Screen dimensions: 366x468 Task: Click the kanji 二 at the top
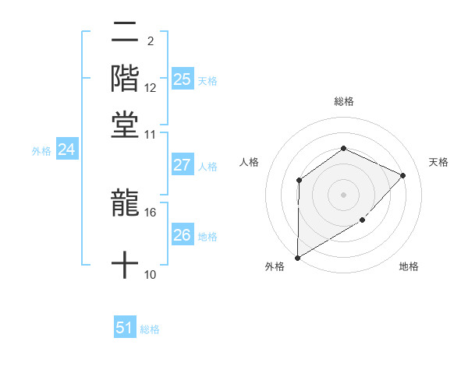[x=125, y=34]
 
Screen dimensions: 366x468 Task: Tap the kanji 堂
[x=125, y=125]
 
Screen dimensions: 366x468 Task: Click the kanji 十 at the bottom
[x=125, y=266]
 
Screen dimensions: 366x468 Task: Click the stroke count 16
[x=151, y=212]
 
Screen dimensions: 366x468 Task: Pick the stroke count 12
[x=151, y=88]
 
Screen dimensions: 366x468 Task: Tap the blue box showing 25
[x=182, y=79]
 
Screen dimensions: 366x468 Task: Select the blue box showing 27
[x=182, y=165]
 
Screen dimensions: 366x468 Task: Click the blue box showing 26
[x=182, y=235]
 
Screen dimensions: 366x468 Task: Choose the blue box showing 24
[x=66, y=150]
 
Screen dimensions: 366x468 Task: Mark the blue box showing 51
[x=125, y=328]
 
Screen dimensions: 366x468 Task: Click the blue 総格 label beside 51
[x=150, y=329]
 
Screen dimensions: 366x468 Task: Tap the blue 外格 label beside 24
[x=41, y=151]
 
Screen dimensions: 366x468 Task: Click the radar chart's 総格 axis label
[x=343, y=101]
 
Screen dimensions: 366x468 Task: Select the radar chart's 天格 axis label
[x=438, y=162]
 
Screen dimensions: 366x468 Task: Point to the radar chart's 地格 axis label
[x=409, y=266]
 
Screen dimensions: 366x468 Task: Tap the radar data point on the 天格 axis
[x=402, y=175]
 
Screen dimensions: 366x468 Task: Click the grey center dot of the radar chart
[x=343, y=194]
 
